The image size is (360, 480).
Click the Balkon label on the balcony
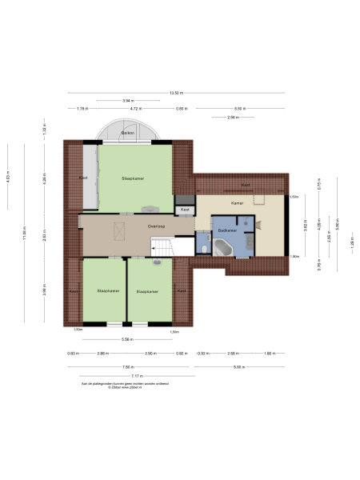(126, 132)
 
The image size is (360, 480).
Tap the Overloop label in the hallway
(157, 226)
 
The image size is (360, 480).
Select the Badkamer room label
(225, 230)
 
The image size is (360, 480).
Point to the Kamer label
(237, 203)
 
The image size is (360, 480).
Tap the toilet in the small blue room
(206, 249)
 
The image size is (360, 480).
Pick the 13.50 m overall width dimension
(175, 92)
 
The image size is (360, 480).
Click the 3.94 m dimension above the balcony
(127, 100)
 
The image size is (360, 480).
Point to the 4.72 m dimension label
(136, 108)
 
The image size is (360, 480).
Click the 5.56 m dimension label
(127, 339)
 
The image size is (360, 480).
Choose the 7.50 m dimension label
(127, 367)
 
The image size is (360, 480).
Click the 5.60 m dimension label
(238, 367)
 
